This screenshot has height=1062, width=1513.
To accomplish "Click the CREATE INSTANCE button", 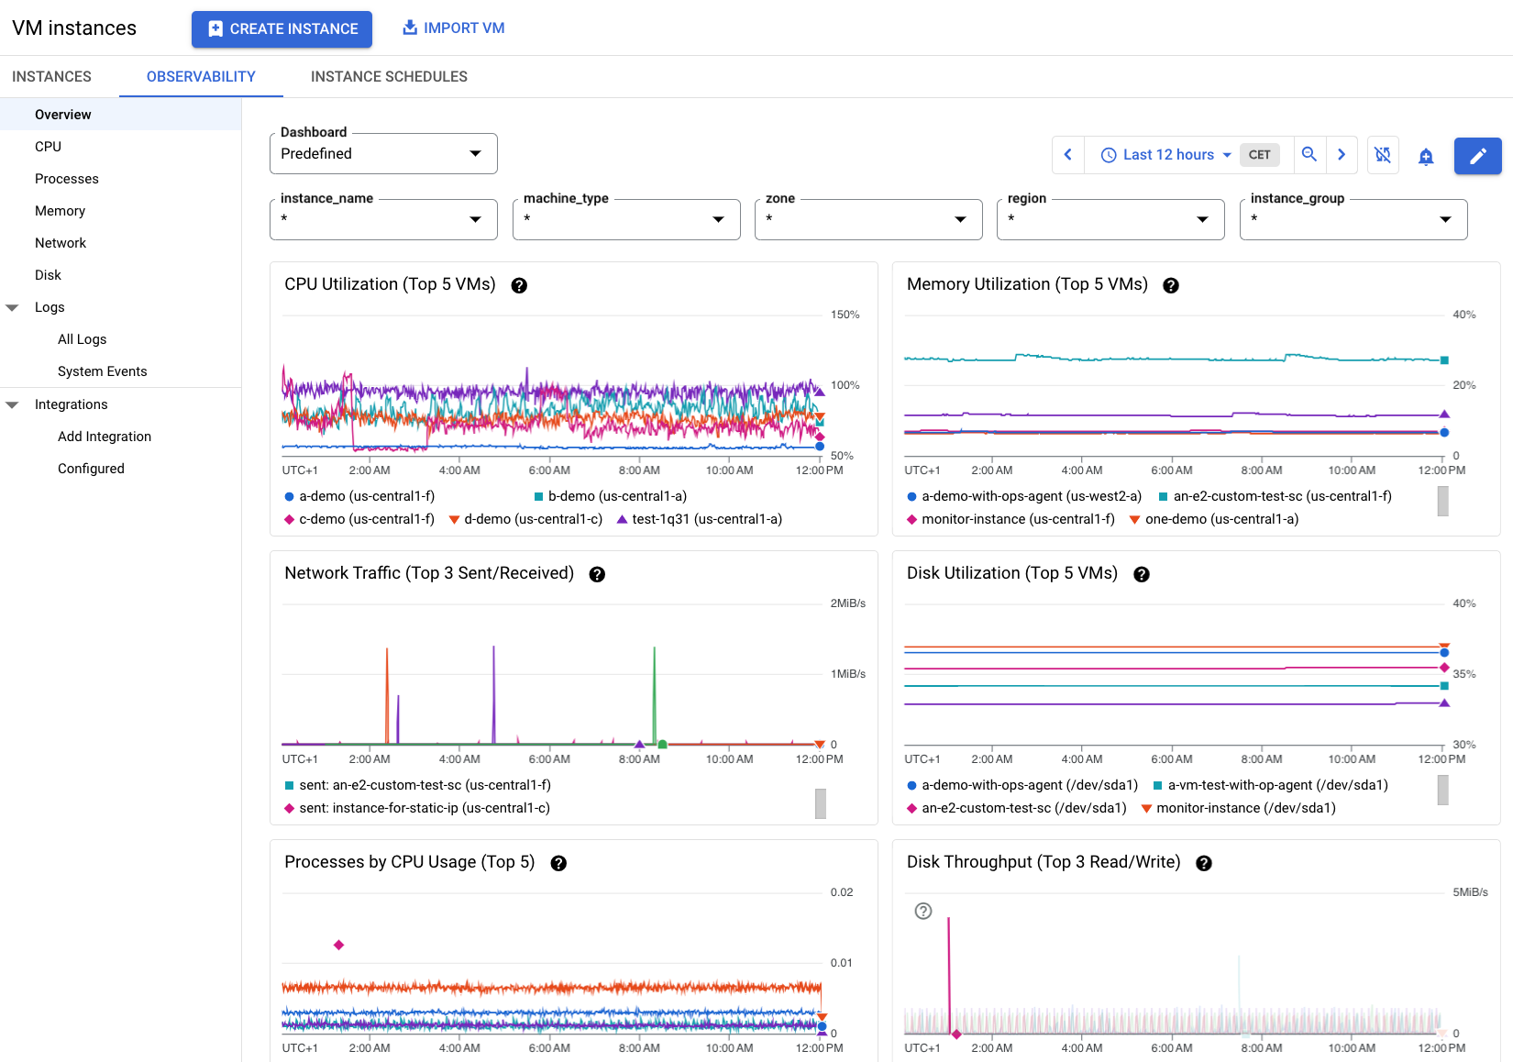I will click(x=282, y=29).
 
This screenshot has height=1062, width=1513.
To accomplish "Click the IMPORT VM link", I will click(x=454, y=28).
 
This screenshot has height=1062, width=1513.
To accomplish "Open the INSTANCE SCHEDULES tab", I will click(x=389, y=77).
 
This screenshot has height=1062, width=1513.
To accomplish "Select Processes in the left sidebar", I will click(x=67, y=179).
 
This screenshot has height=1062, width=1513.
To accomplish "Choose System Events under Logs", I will click(x=102, y=371).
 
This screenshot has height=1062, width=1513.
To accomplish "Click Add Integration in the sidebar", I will click(x=105, y=437).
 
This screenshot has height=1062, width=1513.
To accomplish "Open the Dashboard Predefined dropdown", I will click(x=383, y=154).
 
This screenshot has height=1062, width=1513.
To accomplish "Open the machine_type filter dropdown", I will click(x=625, y=219).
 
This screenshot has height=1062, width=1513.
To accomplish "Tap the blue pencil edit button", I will click(x=1477, y=156).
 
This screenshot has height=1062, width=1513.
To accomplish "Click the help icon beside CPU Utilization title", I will click(x=519, y=285).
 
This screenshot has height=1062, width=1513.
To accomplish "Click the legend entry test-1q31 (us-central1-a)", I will click(x=706, y=519).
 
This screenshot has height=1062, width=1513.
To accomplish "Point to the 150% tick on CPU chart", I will click(x=845, y=315).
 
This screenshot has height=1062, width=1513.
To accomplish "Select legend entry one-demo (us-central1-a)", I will click(x=1220, y=519).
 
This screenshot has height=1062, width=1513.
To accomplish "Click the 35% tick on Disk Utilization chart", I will click(x=1464, y=674).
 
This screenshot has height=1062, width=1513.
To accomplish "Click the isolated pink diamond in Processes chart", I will click(x=338, y=945).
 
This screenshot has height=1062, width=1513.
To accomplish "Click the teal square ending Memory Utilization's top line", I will click(x=1444, y=360).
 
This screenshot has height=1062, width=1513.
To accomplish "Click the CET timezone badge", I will click(x=1259, y=155).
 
